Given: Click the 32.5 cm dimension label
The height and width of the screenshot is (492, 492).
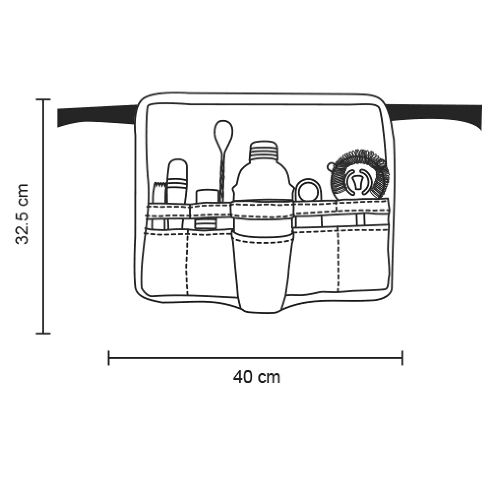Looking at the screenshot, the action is click(22, 214).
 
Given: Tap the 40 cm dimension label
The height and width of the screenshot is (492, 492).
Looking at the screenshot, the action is click(256, 376).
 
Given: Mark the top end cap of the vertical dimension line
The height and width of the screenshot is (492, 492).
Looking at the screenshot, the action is click(43, 99).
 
